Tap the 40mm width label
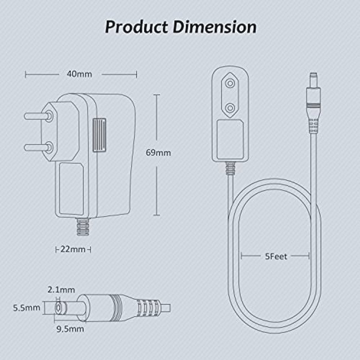[x=79, y=74]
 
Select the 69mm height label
[x=158, y=153]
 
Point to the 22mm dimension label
[x=73, y=249]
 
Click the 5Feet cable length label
[x=276, y=256]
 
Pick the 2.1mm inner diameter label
[x=61, y=289]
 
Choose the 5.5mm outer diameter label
[x=26, y=307]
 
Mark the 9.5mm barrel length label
[x=70, y=329]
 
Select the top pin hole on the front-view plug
[x=230, y=83]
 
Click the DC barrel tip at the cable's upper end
[x=313, y=79]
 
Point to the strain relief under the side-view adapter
[x=83, y=227]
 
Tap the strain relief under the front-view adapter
[x=230, y=169]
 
